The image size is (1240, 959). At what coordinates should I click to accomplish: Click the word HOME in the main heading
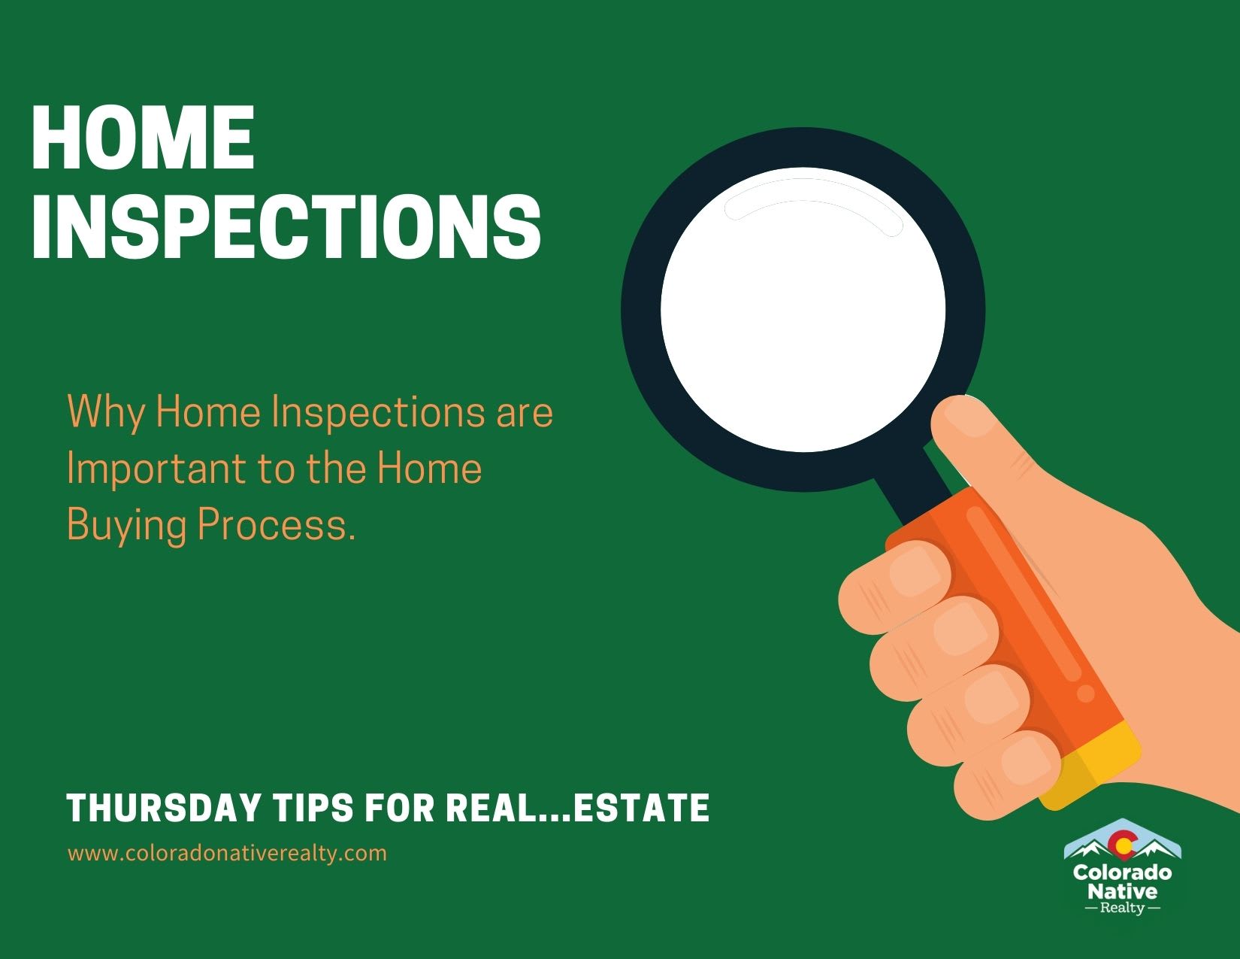click(143, 139)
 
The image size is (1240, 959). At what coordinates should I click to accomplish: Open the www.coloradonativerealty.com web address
click(227, 854)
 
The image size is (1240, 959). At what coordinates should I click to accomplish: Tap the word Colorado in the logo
click(1123, 873)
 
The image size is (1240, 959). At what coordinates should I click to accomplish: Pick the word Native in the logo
click(1123, 892)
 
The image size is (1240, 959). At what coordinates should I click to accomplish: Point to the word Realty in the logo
click(1123, 909)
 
